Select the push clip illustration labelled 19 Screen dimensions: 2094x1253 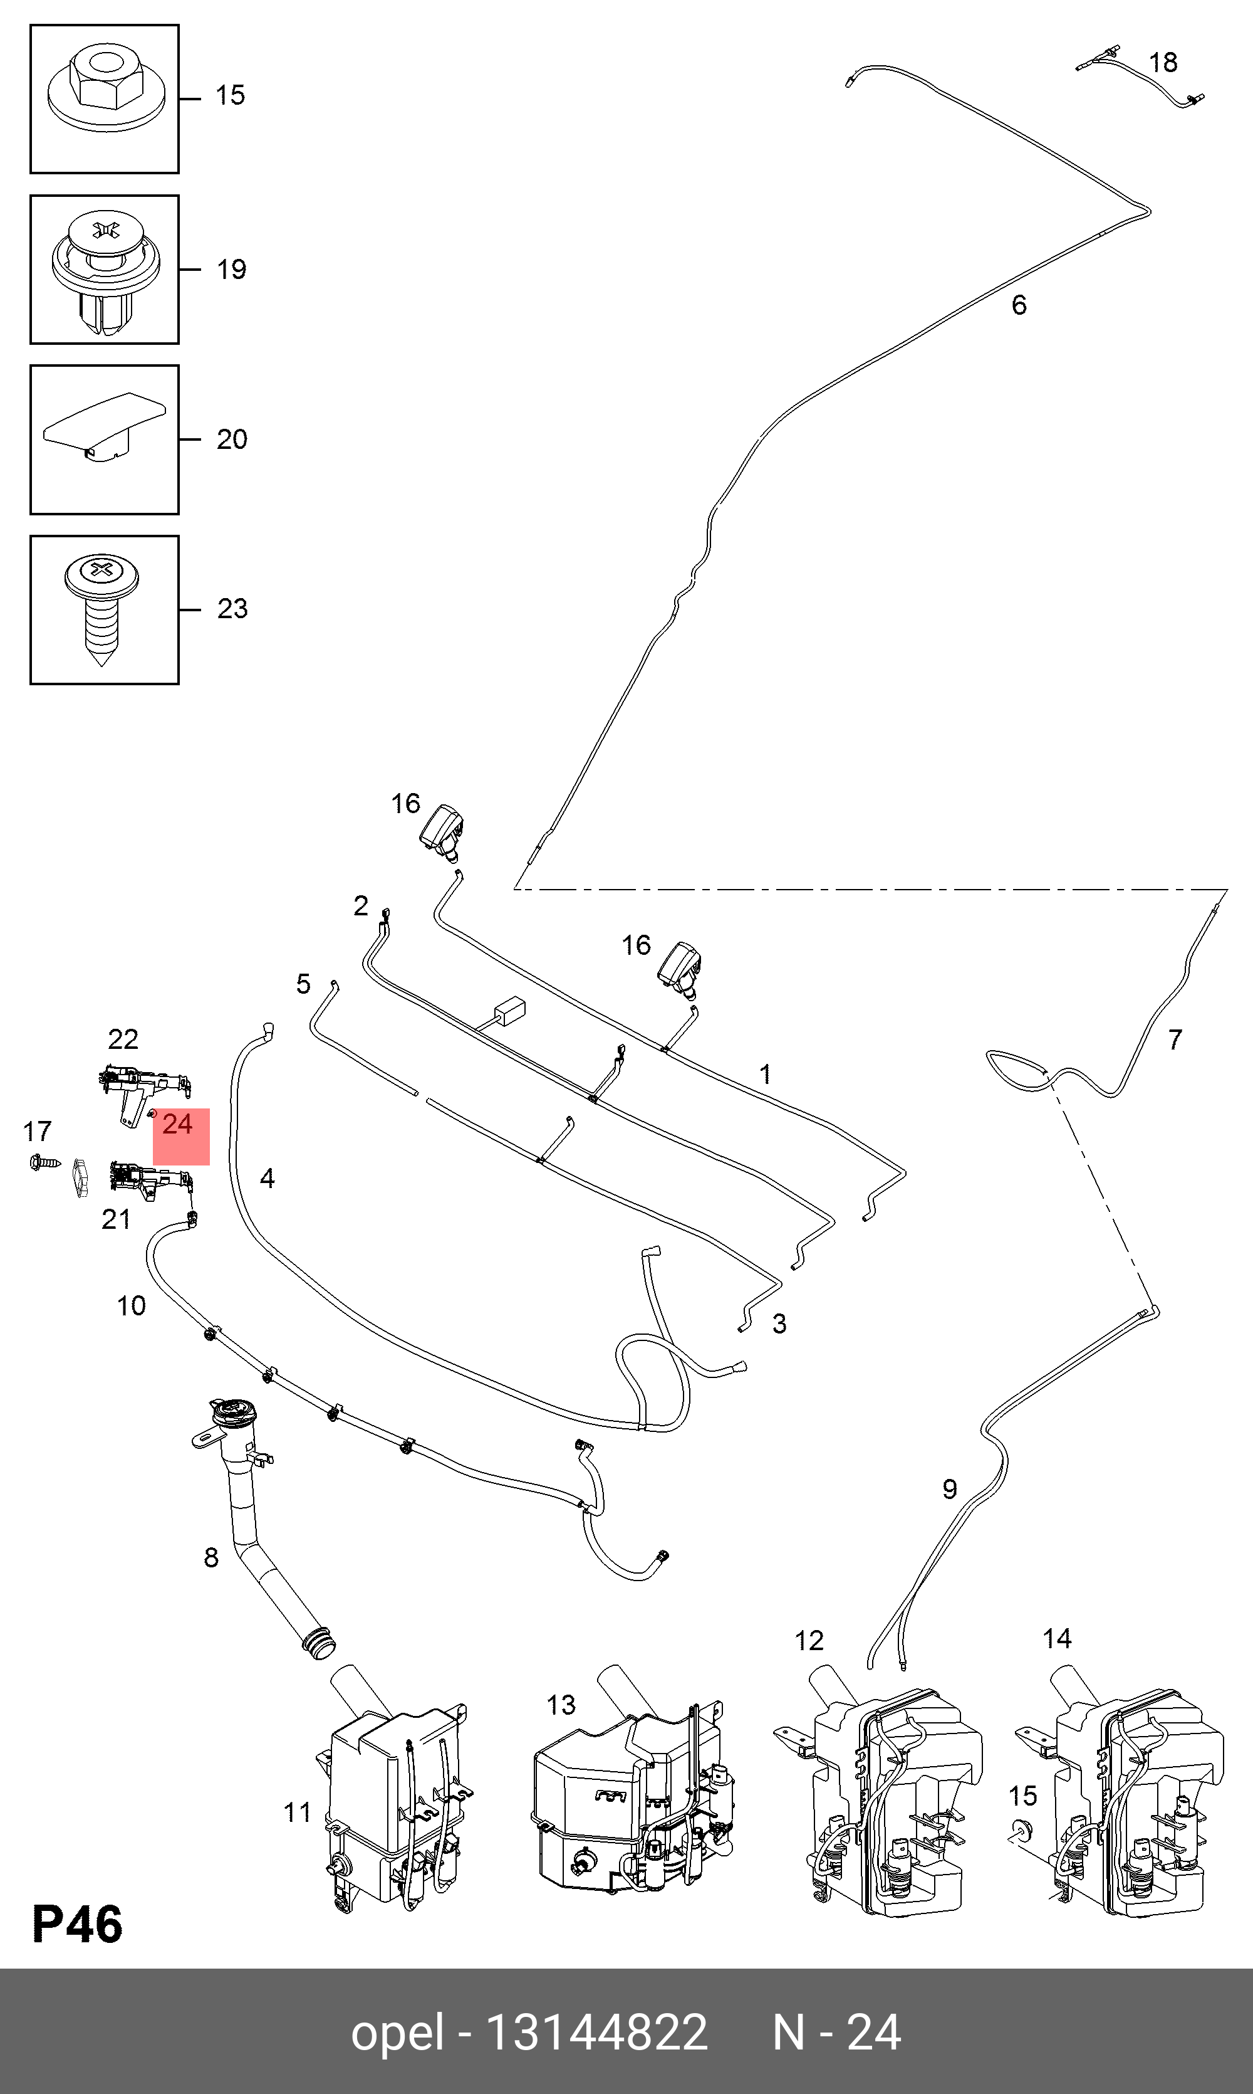pos(105,270)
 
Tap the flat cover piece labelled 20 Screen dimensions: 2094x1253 pos(105,428)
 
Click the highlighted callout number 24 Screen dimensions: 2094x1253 pos(178,1124)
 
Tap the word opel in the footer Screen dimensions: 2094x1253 pos(397,2033)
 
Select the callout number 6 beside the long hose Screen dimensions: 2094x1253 pos(1019,305)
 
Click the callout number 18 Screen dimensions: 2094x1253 pos(1163,63)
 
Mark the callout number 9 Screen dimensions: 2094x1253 pos(950,1489)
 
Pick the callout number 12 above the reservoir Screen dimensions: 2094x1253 pos(808,1640)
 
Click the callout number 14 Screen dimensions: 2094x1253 pos(1056,1639)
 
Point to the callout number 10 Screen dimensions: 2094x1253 pos(131,1306)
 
